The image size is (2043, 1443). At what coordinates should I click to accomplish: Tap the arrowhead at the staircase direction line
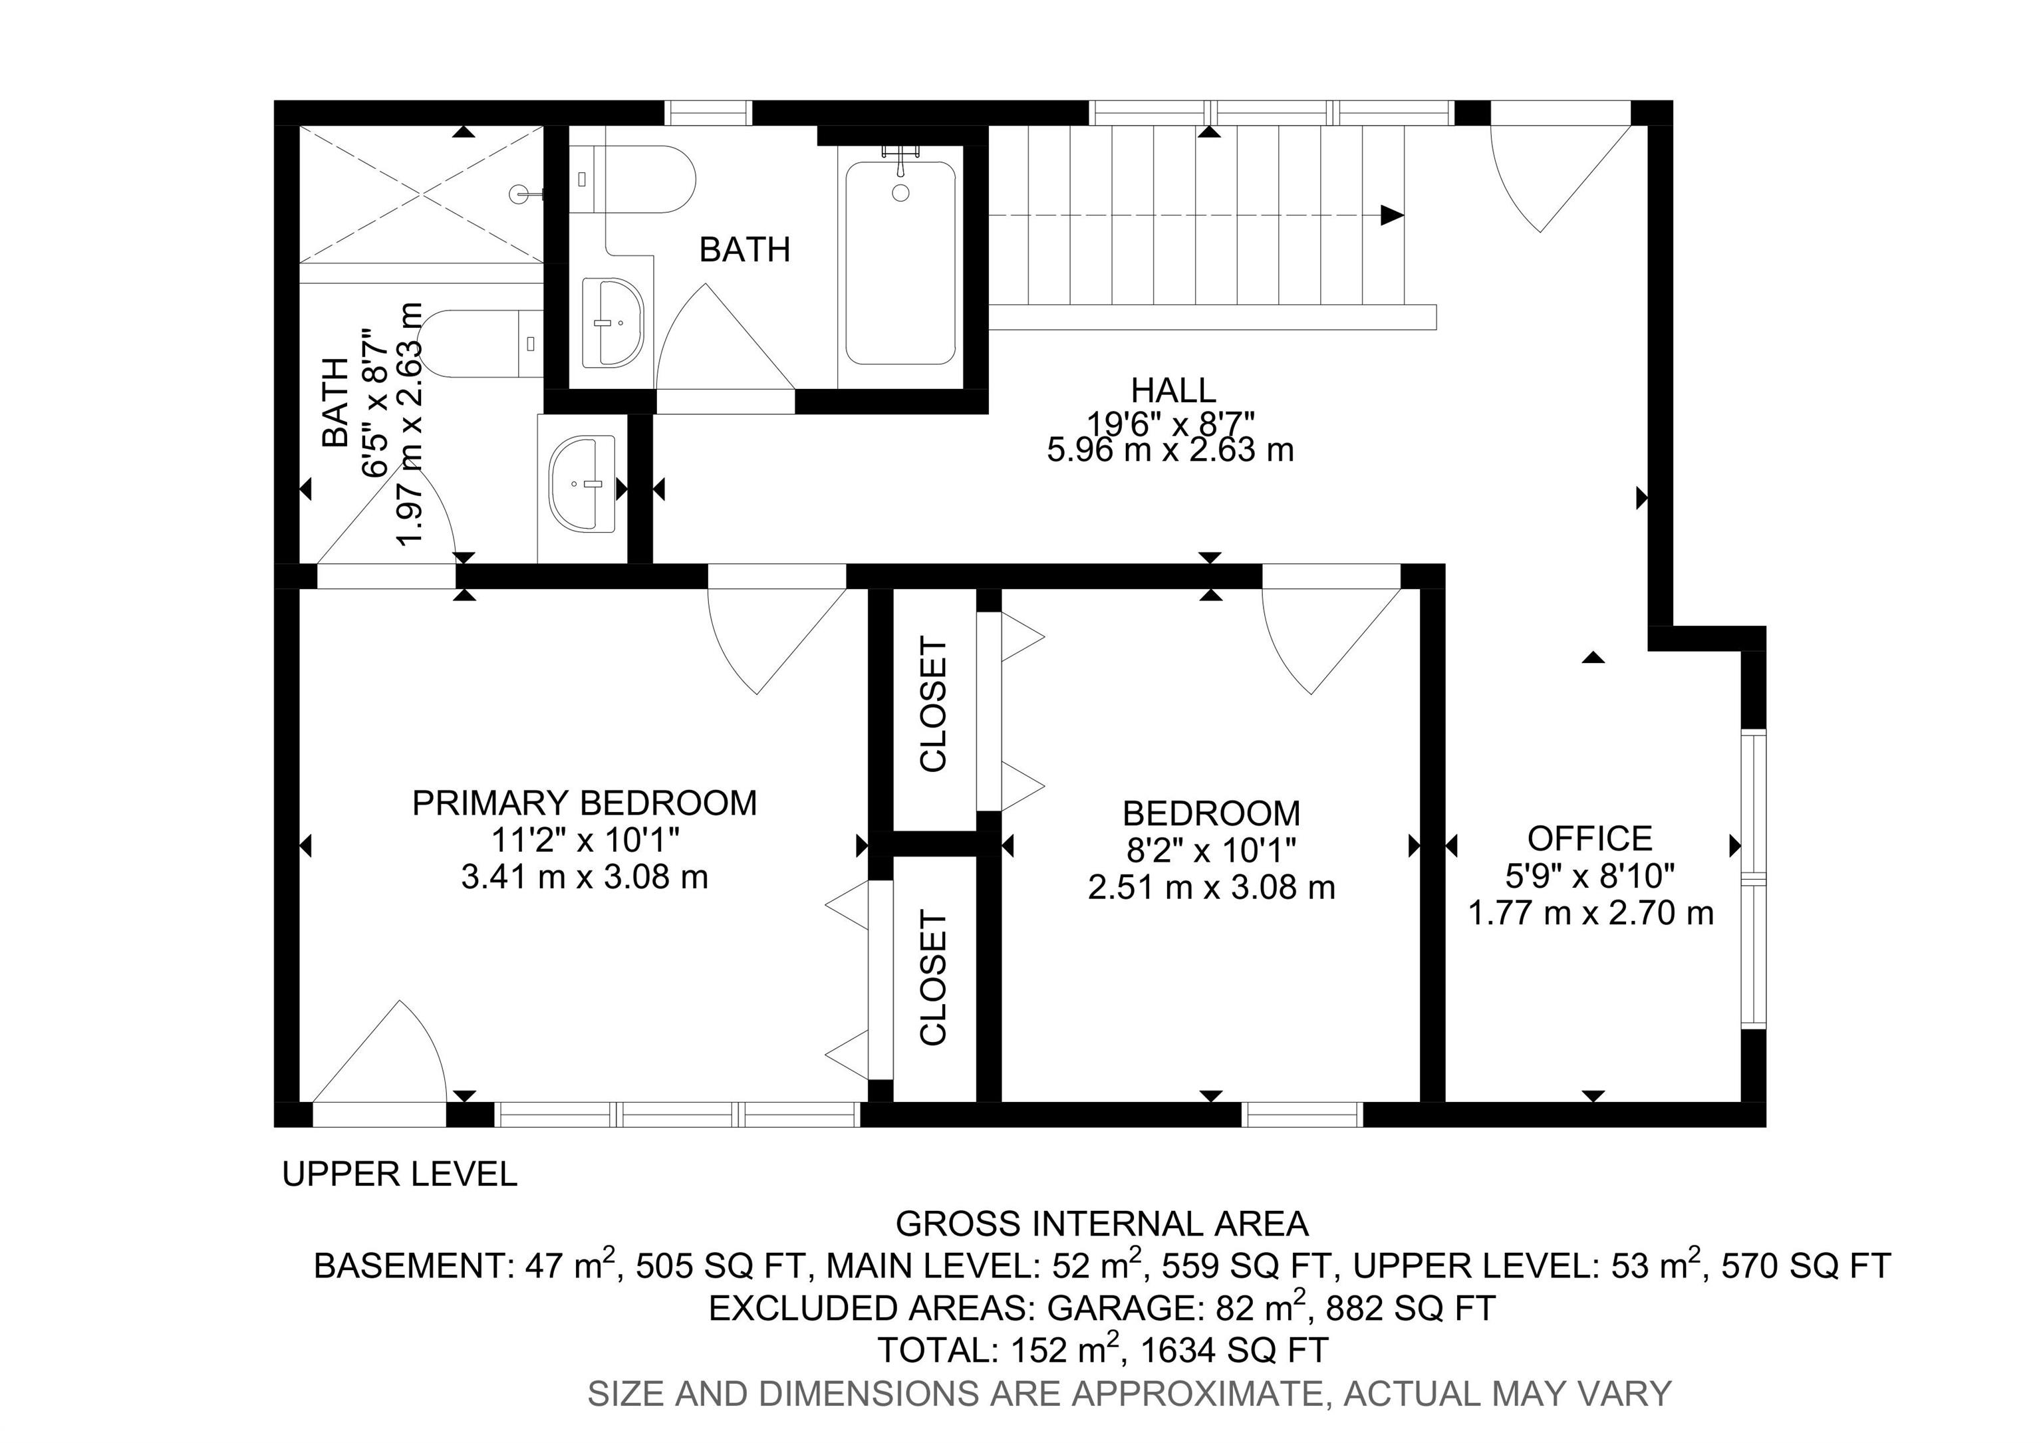tap(1392, 215)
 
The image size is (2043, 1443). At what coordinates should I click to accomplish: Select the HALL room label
tap(1172, 390)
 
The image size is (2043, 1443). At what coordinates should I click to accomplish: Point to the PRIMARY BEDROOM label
tap(584, 803)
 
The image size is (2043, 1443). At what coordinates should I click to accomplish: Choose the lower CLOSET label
tap(934, 977)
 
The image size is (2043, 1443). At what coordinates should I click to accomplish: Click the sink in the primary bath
tap(583, 484)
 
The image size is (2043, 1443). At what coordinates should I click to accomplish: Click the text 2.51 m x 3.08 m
tap(1211, 887)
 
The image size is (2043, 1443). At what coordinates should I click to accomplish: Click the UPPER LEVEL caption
tap(400, 1174)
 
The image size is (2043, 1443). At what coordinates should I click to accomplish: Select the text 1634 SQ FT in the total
tap(1234, 1350)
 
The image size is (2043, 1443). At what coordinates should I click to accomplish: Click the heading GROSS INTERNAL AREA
tap(1101, 1224)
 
